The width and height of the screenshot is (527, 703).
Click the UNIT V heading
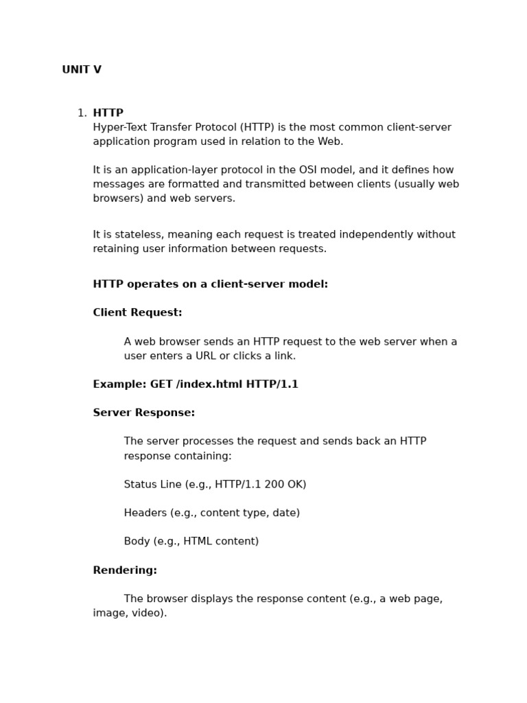click(x=82, y=70)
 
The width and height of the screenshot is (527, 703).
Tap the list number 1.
click(x=81, y=113)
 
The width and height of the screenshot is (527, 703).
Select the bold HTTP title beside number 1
click(x=108, y=113)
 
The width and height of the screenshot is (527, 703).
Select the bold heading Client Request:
click(x=137, y=313)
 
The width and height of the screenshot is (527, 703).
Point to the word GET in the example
click(x=161, y=384)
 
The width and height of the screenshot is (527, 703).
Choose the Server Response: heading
click(x=143, y=413)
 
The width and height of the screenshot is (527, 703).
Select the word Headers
click(x=146, y=514)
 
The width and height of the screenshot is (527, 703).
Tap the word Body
click(x=136, y=542)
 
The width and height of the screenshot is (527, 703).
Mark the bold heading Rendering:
click(x=125, y=571)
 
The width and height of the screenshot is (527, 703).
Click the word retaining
click(x=115, y=249)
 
